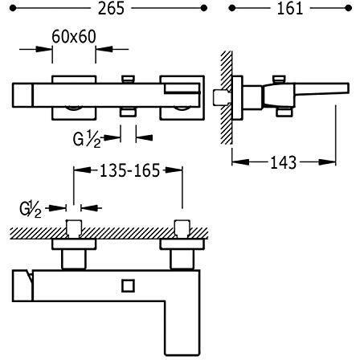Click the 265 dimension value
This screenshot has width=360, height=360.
click(x=111, y=8)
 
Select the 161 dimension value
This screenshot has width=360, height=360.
click(x=290, y=8)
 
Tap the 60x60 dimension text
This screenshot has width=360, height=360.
click(x=74, y=37)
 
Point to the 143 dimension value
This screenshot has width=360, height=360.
click(x=284, y=162)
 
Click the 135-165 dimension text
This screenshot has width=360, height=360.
click(x=129, y=170)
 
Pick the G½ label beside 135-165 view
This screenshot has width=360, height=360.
click(x=31, y=209)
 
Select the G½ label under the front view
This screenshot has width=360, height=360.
click(x=87, y=139)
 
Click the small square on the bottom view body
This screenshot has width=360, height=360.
click(x=128, y=286)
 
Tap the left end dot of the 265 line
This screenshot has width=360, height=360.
click(x=13, y=8)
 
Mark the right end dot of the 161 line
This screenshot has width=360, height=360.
click(x=348, y=8)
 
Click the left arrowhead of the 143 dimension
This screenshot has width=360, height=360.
click(x=240, y=162)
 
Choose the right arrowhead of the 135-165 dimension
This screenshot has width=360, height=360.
click(x=174, y=170)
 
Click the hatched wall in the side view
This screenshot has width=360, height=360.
click(x=227, y=98)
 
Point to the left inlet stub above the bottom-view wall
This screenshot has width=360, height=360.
click(x=73, y=229)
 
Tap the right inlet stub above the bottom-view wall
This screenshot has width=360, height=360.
click(x=182, y=229)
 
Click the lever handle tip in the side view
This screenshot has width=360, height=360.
click(x=346, y=88)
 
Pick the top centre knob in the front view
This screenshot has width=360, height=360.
click(x=128, y=79)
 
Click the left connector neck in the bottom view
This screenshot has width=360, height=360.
click(x=74, y=260)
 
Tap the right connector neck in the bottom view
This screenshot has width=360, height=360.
click(x=182, y=260)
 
